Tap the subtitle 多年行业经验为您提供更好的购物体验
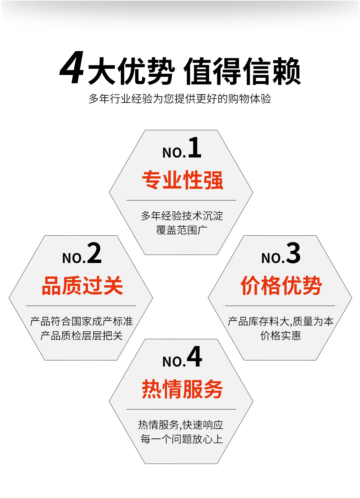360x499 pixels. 180,99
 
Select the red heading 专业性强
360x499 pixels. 182,180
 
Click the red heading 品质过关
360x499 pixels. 82,285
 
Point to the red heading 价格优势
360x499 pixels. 281,285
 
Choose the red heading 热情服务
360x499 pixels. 182,389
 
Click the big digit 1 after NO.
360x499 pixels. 195,147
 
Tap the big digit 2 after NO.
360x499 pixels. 94,253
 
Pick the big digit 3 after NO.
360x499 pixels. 293,253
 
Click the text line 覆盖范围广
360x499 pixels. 181,230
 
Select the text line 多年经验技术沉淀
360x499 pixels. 182,216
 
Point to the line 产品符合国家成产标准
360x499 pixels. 81,321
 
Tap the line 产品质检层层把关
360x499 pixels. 81,336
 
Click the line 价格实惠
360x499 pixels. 280,336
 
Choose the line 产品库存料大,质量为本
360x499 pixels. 280,321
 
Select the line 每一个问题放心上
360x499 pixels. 181,439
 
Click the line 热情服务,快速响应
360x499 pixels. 181,425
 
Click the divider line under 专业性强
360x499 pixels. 181,200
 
